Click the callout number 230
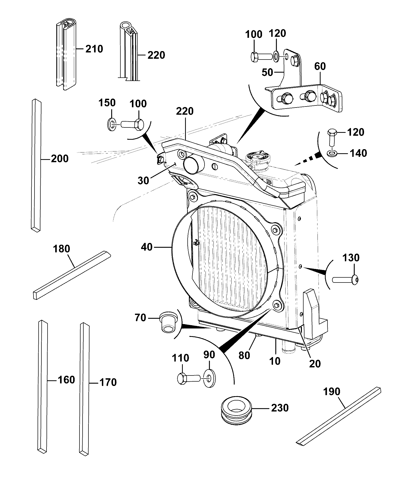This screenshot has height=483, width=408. pyautogui.click(x=280, y=408)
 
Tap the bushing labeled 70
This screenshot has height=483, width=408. pyautogui.click(x=168, y=322)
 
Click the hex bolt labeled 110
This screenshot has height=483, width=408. pyautogui.click(x=188, y=378)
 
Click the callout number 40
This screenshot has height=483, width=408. pyautogui.click(x=146, y=247)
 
